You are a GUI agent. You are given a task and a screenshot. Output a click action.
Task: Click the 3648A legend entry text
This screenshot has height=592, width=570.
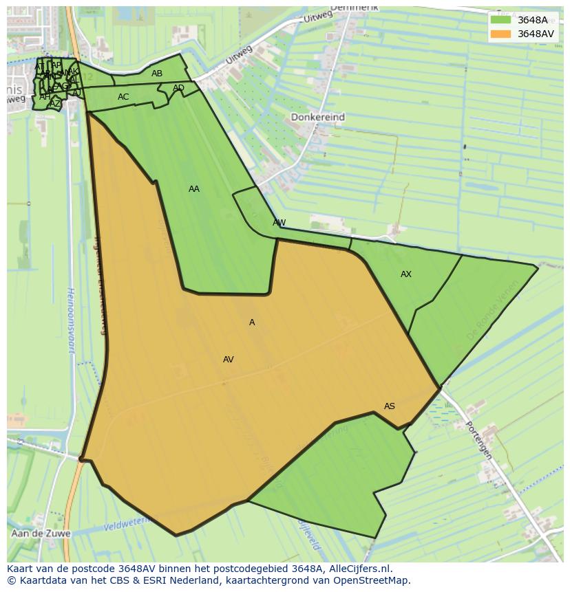[532, 20]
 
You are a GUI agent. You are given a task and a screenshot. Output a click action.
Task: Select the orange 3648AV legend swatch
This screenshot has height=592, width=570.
[500, 34]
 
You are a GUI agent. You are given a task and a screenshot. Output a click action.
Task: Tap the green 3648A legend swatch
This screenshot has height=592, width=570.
[500, 20]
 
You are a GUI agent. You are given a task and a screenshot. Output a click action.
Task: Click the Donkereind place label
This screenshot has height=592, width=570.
[317, 118]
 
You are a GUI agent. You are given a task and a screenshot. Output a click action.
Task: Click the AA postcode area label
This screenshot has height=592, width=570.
[194, 189]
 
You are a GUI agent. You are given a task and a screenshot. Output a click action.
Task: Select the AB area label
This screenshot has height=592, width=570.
[157, 74]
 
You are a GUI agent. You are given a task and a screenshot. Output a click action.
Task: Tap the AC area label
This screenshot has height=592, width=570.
[123, 97]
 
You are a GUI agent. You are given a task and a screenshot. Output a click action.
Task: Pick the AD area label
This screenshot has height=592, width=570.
[178, 88]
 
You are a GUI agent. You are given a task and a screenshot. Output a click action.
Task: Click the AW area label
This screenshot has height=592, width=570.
[279, 223]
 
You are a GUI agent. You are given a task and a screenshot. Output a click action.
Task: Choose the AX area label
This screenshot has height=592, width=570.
[406, 274]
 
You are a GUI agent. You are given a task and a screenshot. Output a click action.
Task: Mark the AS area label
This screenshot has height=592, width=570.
[390, 406]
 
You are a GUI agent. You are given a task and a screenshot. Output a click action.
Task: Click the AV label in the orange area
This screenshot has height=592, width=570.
[229, 360]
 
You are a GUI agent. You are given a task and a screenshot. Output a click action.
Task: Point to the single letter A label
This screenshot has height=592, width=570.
[252, 322]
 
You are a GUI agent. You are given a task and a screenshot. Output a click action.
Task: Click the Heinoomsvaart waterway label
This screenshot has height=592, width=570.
[71, 320]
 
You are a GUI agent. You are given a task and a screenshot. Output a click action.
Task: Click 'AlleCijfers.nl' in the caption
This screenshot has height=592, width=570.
[358, 569]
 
